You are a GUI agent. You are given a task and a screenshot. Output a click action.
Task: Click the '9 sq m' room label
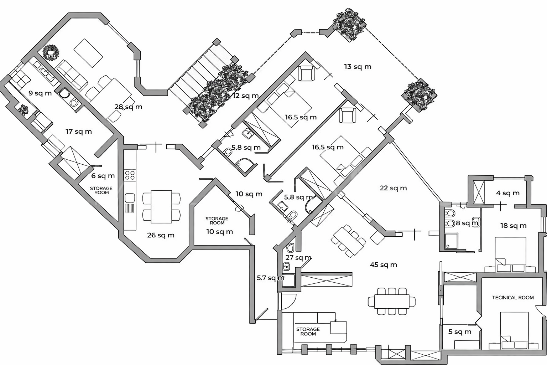[40, 93]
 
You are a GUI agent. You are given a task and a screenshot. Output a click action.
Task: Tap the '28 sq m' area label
[128, 107]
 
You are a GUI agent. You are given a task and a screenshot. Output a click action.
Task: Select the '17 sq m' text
[79, 132]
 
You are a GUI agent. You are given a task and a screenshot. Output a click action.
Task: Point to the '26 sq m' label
[161, 235]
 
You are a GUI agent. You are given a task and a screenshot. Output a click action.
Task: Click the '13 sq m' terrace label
[358, 67]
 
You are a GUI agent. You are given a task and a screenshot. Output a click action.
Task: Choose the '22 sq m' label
[393, 188]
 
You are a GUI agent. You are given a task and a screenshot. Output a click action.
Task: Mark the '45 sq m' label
[383, 264]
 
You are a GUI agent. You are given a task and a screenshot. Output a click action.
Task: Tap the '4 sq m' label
[508, 193]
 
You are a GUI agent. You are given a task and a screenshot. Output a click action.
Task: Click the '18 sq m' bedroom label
[513, 226]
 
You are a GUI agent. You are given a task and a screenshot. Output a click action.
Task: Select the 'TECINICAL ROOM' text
[513, 298]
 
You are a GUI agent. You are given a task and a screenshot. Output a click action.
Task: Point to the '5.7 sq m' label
[271, 278]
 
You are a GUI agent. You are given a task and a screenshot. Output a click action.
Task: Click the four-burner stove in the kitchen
[130, 175]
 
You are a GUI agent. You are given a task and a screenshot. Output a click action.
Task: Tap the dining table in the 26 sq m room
[161, 206]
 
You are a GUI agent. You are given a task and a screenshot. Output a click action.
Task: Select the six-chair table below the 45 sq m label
[392, 302]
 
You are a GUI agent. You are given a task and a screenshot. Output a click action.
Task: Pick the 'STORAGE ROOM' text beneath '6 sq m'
[101, 190]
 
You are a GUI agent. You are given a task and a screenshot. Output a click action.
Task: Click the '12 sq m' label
[245, 96]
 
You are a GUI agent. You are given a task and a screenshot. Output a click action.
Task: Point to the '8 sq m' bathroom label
[467, 223]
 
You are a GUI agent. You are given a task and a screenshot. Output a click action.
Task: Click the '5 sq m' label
[459, 332]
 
